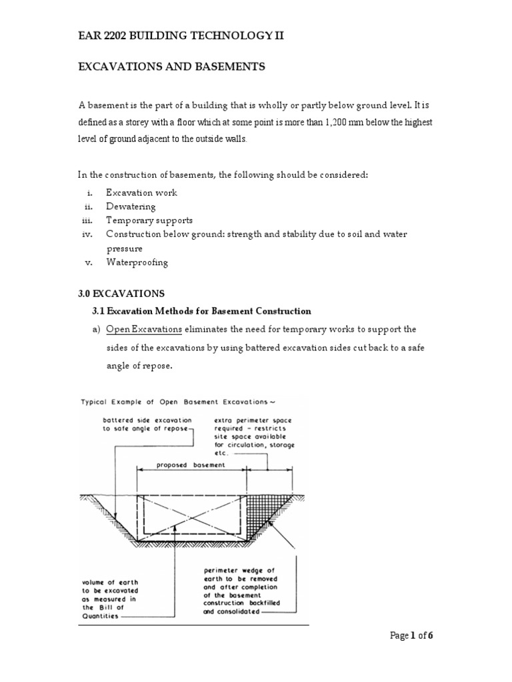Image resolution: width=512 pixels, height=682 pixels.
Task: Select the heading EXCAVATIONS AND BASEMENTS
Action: [173, 67]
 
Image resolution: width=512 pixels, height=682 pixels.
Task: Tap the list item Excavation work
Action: [141, 192]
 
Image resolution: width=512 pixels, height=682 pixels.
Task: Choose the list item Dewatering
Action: [131, 206]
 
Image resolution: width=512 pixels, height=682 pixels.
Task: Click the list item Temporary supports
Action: [149, 220]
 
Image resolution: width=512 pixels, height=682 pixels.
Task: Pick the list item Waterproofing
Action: [137, 262]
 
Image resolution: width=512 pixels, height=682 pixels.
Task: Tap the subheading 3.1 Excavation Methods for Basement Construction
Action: [201, 311]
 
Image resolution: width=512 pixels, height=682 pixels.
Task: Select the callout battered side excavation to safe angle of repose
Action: [147, 425]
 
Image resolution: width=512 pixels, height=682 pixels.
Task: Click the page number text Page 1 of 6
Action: [411, 636]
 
